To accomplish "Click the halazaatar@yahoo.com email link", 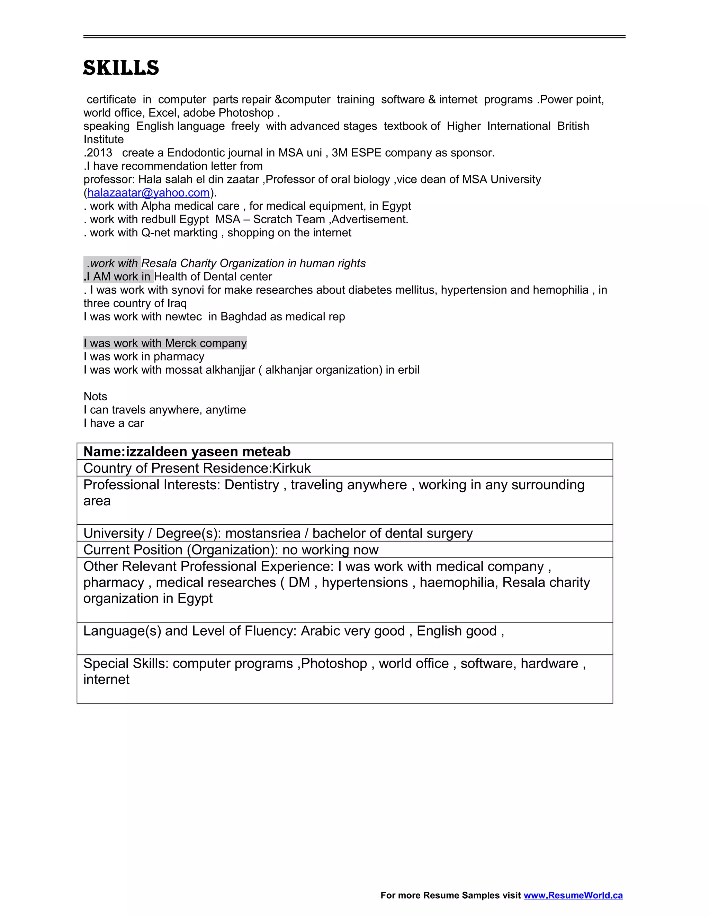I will (x=148, y=193).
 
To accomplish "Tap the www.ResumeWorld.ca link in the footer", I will (x=573, y=895).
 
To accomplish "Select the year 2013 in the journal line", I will (x=99, y=153).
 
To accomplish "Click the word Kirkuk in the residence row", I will (x=291, y=468).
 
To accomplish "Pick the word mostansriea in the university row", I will (x=262, y=533).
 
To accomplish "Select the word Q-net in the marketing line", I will (x=157, y=233).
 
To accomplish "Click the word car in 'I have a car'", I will (x=136, y=423).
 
